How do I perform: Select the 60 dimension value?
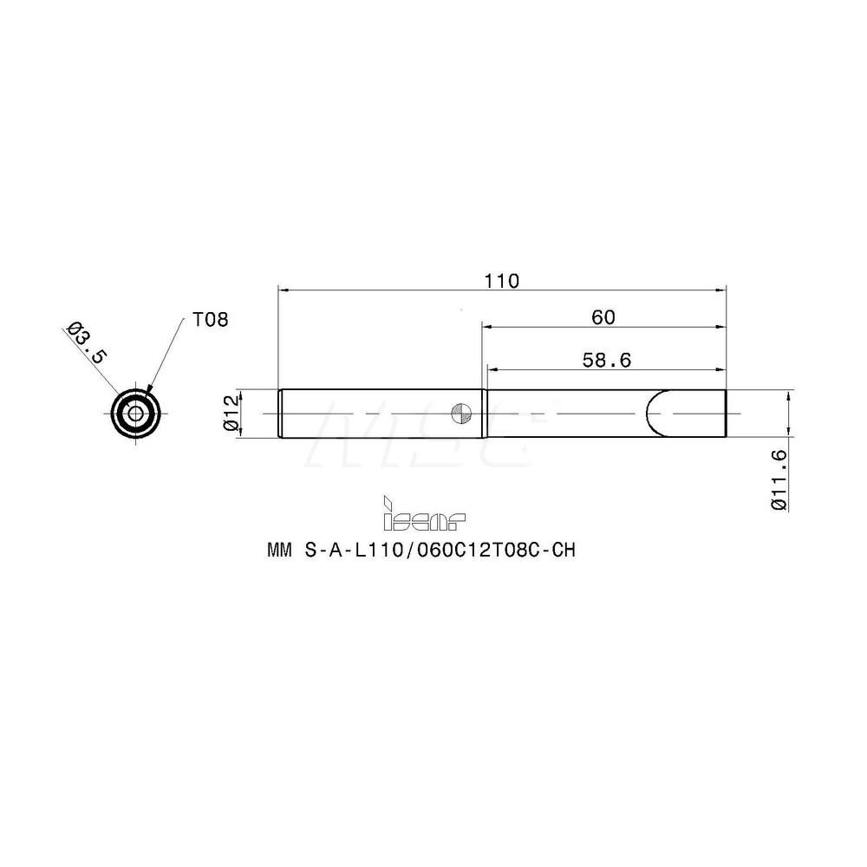tap(603, 317)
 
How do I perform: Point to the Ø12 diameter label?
tap(231, 414)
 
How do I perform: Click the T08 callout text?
tap(210, 320)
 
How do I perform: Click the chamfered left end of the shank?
tap(279, 414)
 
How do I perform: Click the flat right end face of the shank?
tap(724, 414)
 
